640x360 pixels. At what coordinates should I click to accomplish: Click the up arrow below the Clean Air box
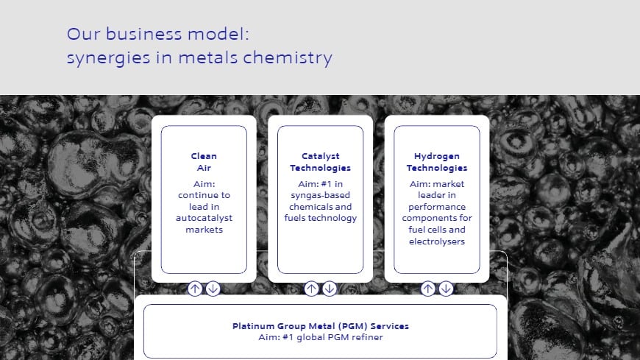tap(195, 289)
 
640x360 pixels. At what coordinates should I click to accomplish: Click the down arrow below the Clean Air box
tap(213, 289)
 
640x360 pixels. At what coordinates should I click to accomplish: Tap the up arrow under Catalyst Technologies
tap(311, 289)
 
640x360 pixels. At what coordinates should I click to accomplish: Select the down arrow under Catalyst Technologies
tap(329, 289)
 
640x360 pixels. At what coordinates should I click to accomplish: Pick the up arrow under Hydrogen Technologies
tap(428, 289)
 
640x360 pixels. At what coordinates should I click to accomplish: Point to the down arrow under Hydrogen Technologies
tap(446, 289)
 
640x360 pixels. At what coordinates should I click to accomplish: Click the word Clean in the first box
tap(204, 156)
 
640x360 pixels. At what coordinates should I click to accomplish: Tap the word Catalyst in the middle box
tap(320, 156)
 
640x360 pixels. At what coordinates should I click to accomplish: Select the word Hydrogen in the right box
tap(437, 156)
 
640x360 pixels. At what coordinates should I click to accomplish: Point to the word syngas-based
tap(320, 194)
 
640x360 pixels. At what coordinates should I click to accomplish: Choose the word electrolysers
tap(437, 241)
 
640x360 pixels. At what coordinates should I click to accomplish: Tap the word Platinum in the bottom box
tap(253, 326)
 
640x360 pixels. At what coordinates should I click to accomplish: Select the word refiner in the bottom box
tap(368, 337)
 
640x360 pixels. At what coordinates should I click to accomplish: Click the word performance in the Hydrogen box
tap(437, 207)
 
